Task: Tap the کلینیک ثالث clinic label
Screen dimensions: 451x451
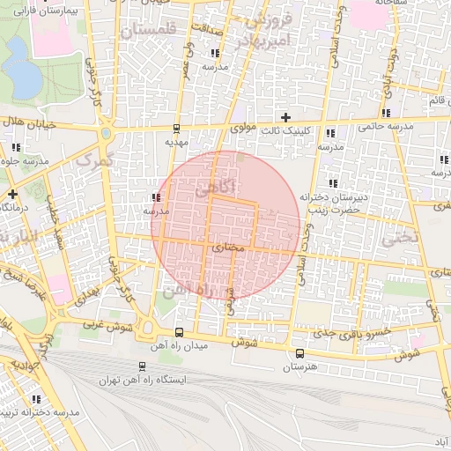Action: click(286, 129)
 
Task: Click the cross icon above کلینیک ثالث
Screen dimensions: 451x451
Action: click(285, 116)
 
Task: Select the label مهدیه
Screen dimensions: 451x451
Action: click(177, 141)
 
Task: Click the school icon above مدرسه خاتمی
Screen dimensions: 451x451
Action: click(386, 112)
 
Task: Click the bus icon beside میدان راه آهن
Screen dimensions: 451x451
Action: click(180, 332)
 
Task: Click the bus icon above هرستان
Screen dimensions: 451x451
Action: click(299, 352)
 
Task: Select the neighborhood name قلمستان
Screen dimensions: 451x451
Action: click(147, 31)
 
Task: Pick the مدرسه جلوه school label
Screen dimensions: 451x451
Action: click(24, 160)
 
